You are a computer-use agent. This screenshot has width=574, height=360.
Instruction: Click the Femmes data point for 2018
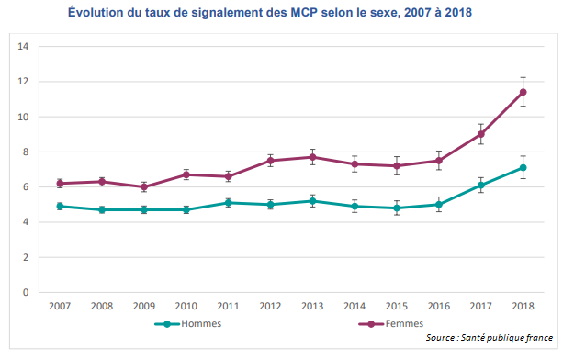[523, 92]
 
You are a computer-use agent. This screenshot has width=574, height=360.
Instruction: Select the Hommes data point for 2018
[523, 167]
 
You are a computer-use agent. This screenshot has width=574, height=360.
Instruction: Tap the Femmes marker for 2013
[312, 157]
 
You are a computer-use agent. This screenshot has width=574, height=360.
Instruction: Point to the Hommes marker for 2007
[60, 207]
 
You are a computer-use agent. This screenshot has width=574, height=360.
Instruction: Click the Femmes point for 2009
[144, 187]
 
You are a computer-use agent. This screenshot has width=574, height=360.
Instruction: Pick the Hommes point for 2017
[480, 186]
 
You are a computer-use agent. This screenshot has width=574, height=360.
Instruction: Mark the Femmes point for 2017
[480, 134]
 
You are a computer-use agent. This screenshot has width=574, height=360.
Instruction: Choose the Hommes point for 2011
[228, 203]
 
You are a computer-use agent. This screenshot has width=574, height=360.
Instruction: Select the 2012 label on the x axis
[270, 307]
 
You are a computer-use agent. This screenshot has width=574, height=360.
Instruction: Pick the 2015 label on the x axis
[396, 307]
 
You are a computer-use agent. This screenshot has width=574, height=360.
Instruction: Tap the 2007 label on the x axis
[60, 307]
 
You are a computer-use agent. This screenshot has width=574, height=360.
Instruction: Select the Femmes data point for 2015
[396, 166]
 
